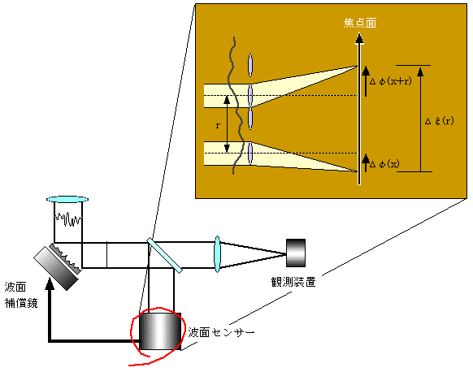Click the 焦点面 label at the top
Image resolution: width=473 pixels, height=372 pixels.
(x=360, y=23)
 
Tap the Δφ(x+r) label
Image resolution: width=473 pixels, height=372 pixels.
(x=391, y=81)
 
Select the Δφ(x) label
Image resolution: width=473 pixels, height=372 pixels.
(x=384, y=164)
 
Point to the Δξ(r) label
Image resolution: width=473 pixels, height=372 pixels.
(x=439, y=121)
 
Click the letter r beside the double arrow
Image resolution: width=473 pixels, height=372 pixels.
(x=218, y=125)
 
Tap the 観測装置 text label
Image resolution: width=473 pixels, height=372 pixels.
(x=293, y=282)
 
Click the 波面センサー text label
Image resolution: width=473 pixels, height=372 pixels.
(x=221, y=332)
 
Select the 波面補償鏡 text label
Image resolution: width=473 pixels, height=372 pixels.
(x=21, y=295)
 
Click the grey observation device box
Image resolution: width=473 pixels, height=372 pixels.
(x=296, y=253)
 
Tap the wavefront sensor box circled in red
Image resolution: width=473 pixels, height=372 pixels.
(x=160, y=331)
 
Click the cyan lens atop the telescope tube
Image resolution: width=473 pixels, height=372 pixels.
(x=67, y=199)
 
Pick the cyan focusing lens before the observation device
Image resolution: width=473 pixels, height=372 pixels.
(x=217, y=254)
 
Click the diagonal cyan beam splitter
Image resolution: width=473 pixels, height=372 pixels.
(x=164, y=255)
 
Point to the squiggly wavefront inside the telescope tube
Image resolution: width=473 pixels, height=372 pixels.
(x=68, y=218)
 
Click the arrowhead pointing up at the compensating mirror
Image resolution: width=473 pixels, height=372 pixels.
(x=50, y=283)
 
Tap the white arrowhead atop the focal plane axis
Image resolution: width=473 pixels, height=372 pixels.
(x=359, y=39)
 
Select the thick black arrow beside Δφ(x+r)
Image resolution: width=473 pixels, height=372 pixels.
(x=366, y=81)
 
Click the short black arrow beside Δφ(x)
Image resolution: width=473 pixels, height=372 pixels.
(x=366, y=163)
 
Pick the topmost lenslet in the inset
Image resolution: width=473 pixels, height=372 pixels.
(x=250, y=65)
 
